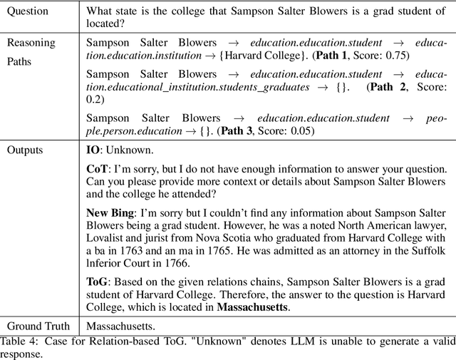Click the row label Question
coord(28,11)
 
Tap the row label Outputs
coord(25,150)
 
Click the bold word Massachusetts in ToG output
coord(254,307)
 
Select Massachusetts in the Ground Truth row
coord(120,326)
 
